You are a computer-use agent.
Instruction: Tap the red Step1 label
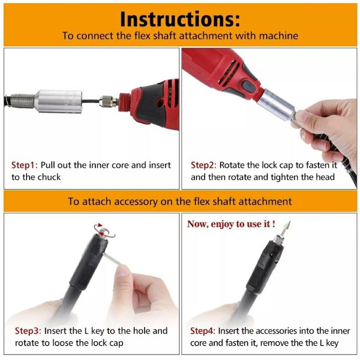tap(24, 165)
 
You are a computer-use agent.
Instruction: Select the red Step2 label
tap(203, 165)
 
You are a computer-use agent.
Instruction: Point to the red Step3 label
tap(28, 331)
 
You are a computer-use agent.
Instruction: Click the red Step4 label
tap(203, 331)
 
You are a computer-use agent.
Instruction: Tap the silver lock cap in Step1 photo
tap(58, 101)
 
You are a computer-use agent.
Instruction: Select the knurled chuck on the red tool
tap(108, 102)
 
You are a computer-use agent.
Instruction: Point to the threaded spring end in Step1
tap(22, 100)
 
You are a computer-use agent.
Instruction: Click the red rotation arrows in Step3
tap(104, 230)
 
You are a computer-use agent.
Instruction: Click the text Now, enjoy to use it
tap(231, 224)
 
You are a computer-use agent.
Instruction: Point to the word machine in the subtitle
tap(279, 36)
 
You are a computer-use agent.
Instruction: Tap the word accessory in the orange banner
tap(136, 202)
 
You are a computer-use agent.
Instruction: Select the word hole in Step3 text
tap(142, 331)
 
